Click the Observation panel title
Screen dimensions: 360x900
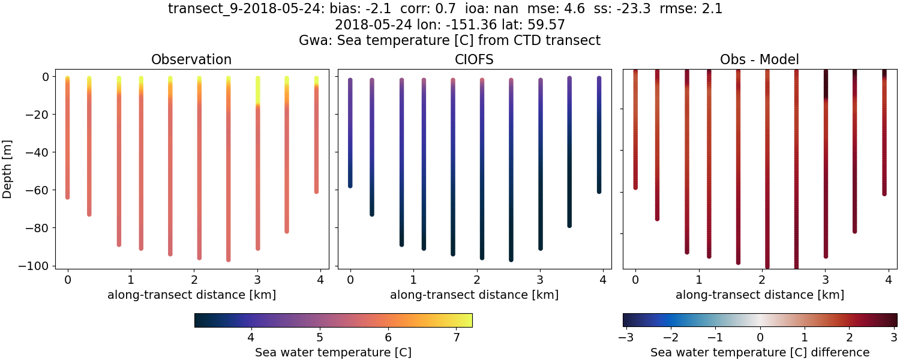(x=191, y=59)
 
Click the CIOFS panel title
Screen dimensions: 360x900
(x=474, y=59)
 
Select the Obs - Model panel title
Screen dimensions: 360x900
(x=759, y=59)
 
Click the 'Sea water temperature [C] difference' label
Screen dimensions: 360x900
(x=760, y=352)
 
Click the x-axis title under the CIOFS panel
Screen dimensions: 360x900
(x=474, y=295)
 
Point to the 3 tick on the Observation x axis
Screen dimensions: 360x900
(x=257, y=280)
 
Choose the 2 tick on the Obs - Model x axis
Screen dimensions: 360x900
(x=761, y=280)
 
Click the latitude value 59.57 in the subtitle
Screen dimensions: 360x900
(x=549, y=25)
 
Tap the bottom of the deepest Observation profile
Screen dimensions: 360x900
(x=229, y=259)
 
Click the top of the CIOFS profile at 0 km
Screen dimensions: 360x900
(x=350, y=80)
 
